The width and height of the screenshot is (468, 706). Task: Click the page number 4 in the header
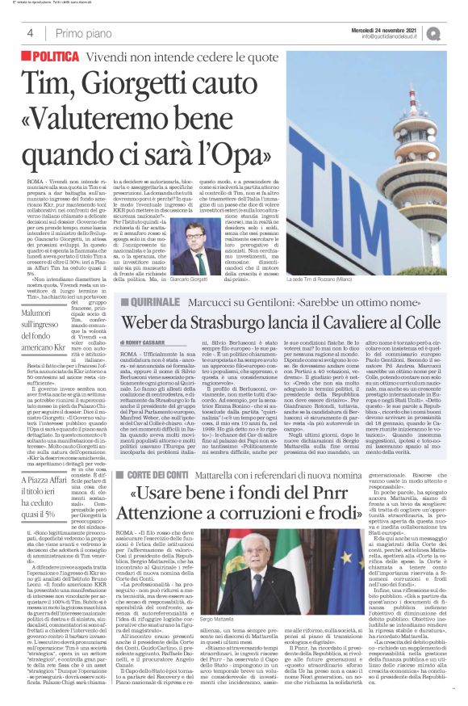30,33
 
